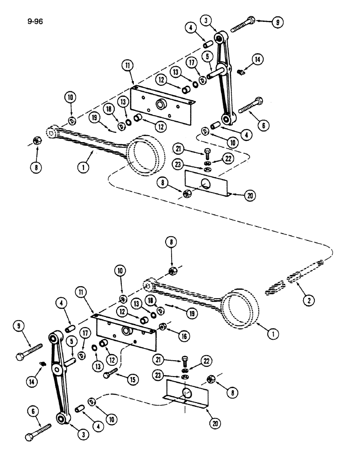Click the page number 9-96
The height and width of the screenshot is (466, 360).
(35, 21)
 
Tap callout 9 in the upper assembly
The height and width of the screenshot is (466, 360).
(278, 21)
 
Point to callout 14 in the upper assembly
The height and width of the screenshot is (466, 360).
(257, 59)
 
